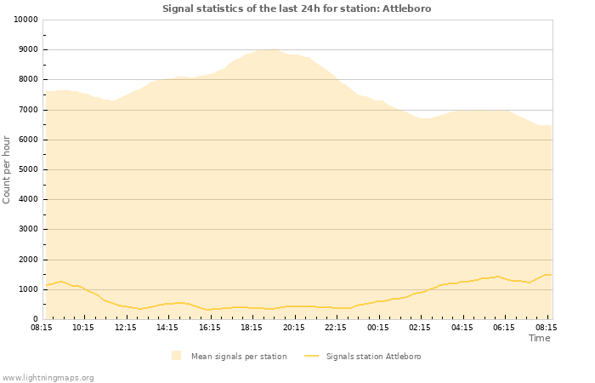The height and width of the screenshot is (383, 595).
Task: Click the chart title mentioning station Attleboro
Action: (297, 9)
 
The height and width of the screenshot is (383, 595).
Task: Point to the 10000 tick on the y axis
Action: (25, 20)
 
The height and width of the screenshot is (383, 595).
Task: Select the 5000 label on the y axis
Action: (27, 169)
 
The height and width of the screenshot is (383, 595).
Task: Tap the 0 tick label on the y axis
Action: (36, 319)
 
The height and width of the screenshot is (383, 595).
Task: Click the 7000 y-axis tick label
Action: (27, 110)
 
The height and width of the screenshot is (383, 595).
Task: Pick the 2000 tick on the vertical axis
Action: (27, 260)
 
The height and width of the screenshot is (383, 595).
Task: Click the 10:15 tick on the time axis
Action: (83, 327)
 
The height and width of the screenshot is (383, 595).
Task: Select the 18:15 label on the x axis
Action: (252, 327)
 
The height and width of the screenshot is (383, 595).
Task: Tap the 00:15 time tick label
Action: (377, 327)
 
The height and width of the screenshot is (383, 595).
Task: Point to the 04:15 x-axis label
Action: (462, 327)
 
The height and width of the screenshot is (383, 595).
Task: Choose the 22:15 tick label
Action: (336, 327)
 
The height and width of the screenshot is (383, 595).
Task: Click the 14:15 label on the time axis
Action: (167, 327)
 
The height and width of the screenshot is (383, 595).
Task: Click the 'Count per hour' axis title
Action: (8, 169)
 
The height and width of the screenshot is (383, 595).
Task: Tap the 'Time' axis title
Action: (539, 338)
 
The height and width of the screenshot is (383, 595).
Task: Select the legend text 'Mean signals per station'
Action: (239, 356)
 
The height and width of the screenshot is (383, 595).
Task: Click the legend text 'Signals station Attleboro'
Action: (373, 356)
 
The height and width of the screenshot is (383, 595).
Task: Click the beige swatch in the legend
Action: (176, 356)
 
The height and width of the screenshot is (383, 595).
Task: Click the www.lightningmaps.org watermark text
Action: (48, 377)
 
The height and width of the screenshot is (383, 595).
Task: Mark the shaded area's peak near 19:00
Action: (269, 49)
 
